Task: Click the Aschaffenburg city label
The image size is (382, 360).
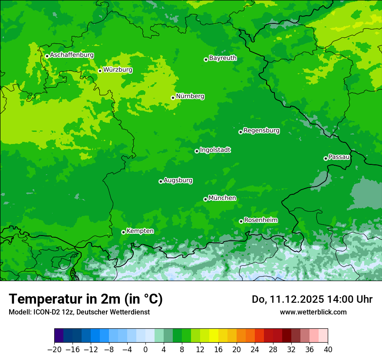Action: pyautogui.click(x=72, y=55)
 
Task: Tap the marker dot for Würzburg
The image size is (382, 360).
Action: pyautogui.click(x=100, y=71)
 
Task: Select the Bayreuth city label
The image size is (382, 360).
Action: pyautogui.click(x=223, y=58)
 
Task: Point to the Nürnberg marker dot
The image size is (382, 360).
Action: pyautogui.click(x=173, y=98)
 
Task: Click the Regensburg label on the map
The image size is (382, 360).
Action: pyautogui.click(x=261, y=130)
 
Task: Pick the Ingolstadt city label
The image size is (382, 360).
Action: pyautogui.click(x=215, y=150)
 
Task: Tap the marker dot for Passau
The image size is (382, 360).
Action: pyautogui.click(x=326, y=158)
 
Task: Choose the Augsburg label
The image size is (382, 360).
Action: pyautogui.click(x=178, y=180)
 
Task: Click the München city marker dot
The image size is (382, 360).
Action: pyautogui.click(x=205, y=199)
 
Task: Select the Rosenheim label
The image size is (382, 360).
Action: pyautogui.click(x=261, y=220)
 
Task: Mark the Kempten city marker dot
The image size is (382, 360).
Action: pyautogui.click(x=123, y=232)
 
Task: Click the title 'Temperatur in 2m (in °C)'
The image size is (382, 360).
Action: pyautogui.click(x=86, y=299)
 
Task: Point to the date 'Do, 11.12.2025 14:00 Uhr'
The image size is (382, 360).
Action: pyautogui.click(x=312, y=299)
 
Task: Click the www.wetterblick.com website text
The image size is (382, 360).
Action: pyautogui.click(x=313, y=312)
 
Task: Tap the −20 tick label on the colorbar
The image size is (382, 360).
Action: pyautogui.click(x=55, y=350)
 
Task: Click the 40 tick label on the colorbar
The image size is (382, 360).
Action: pyautogui.click(x=328, y=350)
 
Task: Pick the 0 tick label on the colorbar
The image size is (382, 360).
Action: pyautogui.click(x=145, y=350)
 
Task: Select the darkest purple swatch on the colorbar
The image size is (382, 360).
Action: pyautogui.click(x=59, y=336)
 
